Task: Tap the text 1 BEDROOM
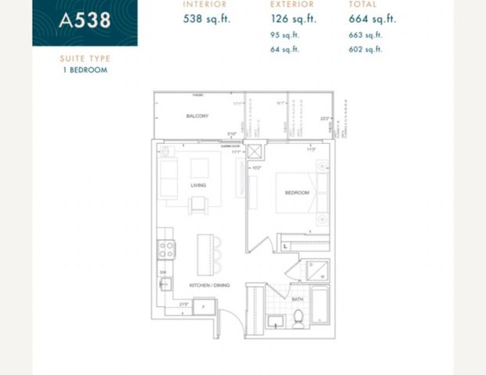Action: pyautogui.click(x=85, y=70)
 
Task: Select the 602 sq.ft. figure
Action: pyautogui.click(x=367, y=49)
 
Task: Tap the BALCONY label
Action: pyautogui.click(x=197, y=116)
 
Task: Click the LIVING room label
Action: pyautogui.click(x=197, y=185)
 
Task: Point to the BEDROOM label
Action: pyautogui.click(x=297, y=192)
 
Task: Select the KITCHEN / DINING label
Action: pyautogui.click(x=209, y=285)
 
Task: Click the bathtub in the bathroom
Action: pyautogui.click(x=321, y=306)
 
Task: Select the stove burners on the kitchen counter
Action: pyautogui.click(x=167, y=249)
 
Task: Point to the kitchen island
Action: pyautogui.click(x=206, y=254)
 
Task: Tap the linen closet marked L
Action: pyautogui.click(x=286, y=246)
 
